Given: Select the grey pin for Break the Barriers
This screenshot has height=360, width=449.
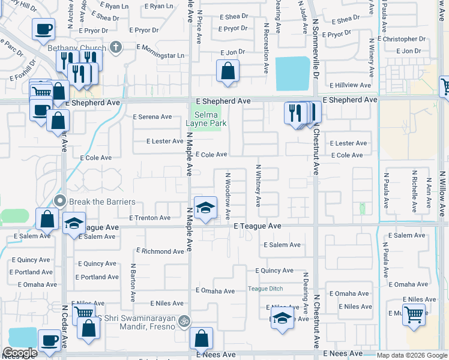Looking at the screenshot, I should [x=59, y=201].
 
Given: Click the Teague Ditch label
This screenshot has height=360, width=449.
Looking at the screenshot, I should [x=265, y=289].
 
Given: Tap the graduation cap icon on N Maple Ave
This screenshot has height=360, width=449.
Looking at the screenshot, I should [x=205, y=208].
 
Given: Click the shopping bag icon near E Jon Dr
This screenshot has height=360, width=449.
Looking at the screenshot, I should [x=228, y=71].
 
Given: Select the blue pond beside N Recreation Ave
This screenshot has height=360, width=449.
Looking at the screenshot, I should [x=294, y=74].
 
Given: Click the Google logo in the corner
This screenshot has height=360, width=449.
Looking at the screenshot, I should [x=20, y=353].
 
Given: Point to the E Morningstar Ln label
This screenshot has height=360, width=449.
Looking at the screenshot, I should [x=160, y=56].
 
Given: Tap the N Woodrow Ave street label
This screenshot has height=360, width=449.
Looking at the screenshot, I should [x=228, y=196].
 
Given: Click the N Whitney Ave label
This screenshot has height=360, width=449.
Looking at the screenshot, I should [x=259, y=186].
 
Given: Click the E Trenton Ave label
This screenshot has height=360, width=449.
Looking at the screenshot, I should [x=150, y=218].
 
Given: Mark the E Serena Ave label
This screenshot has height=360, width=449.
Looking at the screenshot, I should [x=152, y=117].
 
